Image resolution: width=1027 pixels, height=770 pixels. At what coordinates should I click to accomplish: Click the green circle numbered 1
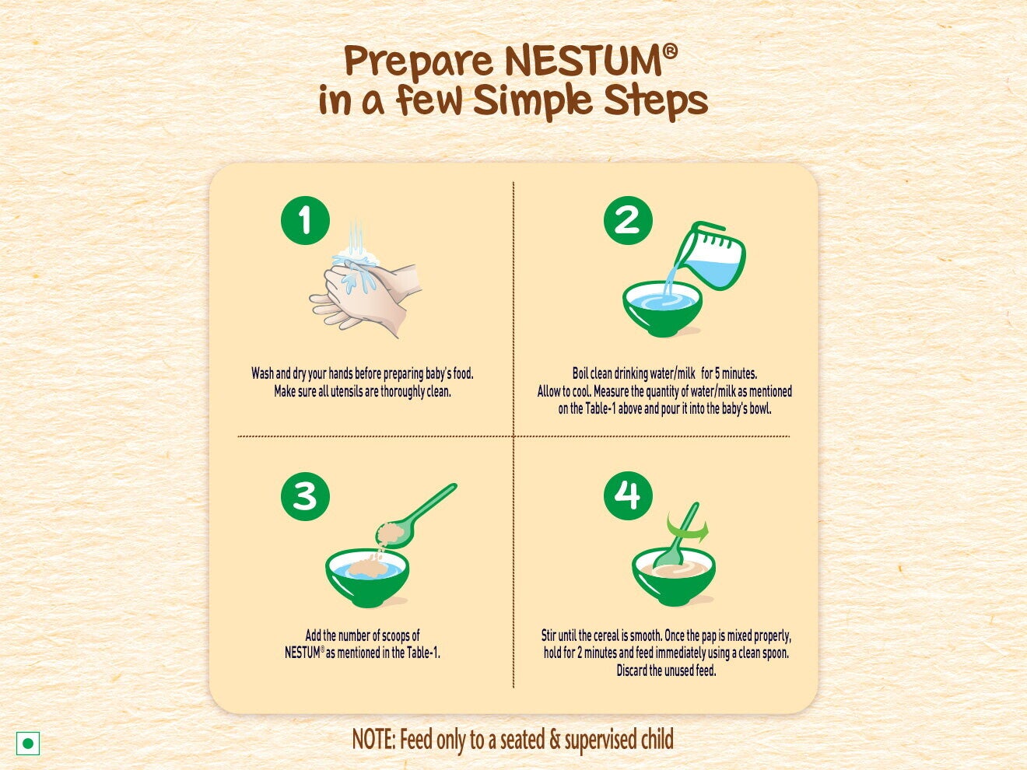click(x=305, y=220)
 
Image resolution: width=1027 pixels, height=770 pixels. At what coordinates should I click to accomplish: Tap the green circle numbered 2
click(x=628, y=220)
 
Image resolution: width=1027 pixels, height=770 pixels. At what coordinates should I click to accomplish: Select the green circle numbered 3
click(x=305, y=496)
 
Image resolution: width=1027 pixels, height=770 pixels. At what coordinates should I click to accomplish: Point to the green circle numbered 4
click(x=628, y=495)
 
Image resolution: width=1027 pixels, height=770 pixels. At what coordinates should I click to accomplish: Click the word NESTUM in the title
click(x=583, y=61)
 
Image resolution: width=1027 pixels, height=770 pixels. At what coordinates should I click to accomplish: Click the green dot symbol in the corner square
click(x=28, y=744)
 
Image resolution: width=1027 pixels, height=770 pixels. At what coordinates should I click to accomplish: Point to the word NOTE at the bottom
click(x=373, y=740)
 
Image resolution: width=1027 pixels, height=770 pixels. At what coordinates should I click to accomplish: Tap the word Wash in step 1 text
click(x=261, y=374)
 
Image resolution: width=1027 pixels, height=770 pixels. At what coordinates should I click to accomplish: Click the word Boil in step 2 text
click(x=580, y=374)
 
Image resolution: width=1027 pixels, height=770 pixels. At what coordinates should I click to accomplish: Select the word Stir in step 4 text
click(x=549, y=635)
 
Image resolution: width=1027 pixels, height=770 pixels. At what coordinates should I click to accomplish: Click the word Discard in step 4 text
click(x=632, y=670)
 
